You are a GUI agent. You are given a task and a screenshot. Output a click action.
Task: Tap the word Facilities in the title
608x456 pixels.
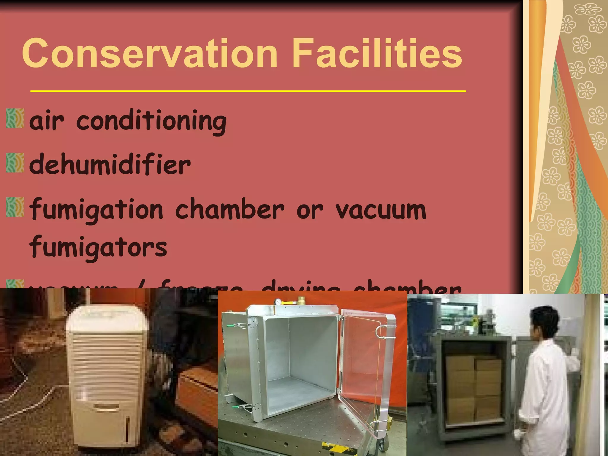tap(377, 53)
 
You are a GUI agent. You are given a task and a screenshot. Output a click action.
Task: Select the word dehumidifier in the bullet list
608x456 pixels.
tap(110, 165)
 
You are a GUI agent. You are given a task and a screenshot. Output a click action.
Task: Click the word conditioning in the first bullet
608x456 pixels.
tap(151, 122)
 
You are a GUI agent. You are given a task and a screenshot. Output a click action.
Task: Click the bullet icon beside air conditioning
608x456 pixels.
tap(15, 118)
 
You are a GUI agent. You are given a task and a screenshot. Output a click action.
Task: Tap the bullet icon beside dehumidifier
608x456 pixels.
tap(15, 162)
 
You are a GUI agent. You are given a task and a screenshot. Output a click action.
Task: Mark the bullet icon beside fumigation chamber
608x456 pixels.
tap(15, 207)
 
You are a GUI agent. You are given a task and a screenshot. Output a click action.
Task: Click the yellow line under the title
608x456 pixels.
tap(248, 91)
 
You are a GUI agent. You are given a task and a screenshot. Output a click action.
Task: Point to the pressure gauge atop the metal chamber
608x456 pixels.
tap(278, 302)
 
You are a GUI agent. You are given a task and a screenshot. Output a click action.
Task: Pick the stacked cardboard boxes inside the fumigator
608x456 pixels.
tap(474, 389)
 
